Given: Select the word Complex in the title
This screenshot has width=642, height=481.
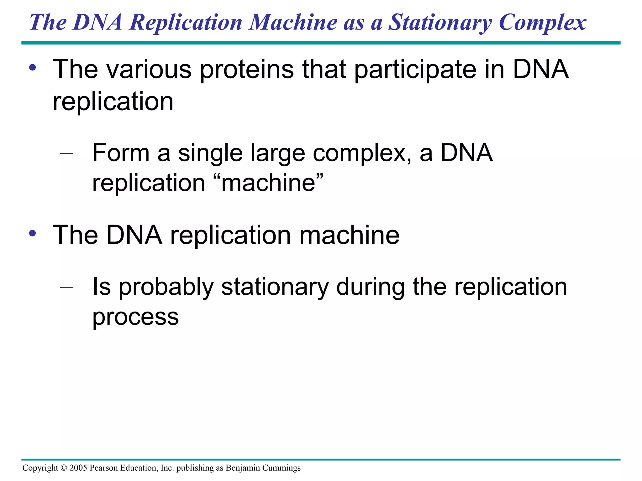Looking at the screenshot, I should [543, 23].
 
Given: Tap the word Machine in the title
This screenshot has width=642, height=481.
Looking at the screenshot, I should [293, 23].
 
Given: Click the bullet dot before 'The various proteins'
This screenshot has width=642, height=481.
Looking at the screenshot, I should [33, 68].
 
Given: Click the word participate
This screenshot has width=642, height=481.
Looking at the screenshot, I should [415, 70].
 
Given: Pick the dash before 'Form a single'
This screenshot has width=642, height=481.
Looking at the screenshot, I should [66, 153].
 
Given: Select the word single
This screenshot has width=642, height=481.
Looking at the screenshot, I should [210, 153].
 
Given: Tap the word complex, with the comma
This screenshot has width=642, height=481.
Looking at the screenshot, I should [362, 153].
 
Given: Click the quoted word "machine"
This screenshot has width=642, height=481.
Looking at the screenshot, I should [268, 183].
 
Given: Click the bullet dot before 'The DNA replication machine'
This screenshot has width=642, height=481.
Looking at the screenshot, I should [33, 233].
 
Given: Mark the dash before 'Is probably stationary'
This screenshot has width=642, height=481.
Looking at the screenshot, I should [66, 287].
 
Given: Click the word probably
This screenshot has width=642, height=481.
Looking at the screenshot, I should [166, 287].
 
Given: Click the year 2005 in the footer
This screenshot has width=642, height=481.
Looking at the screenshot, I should [78, 468].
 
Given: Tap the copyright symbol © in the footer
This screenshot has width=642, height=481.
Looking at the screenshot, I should [64, 468].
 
